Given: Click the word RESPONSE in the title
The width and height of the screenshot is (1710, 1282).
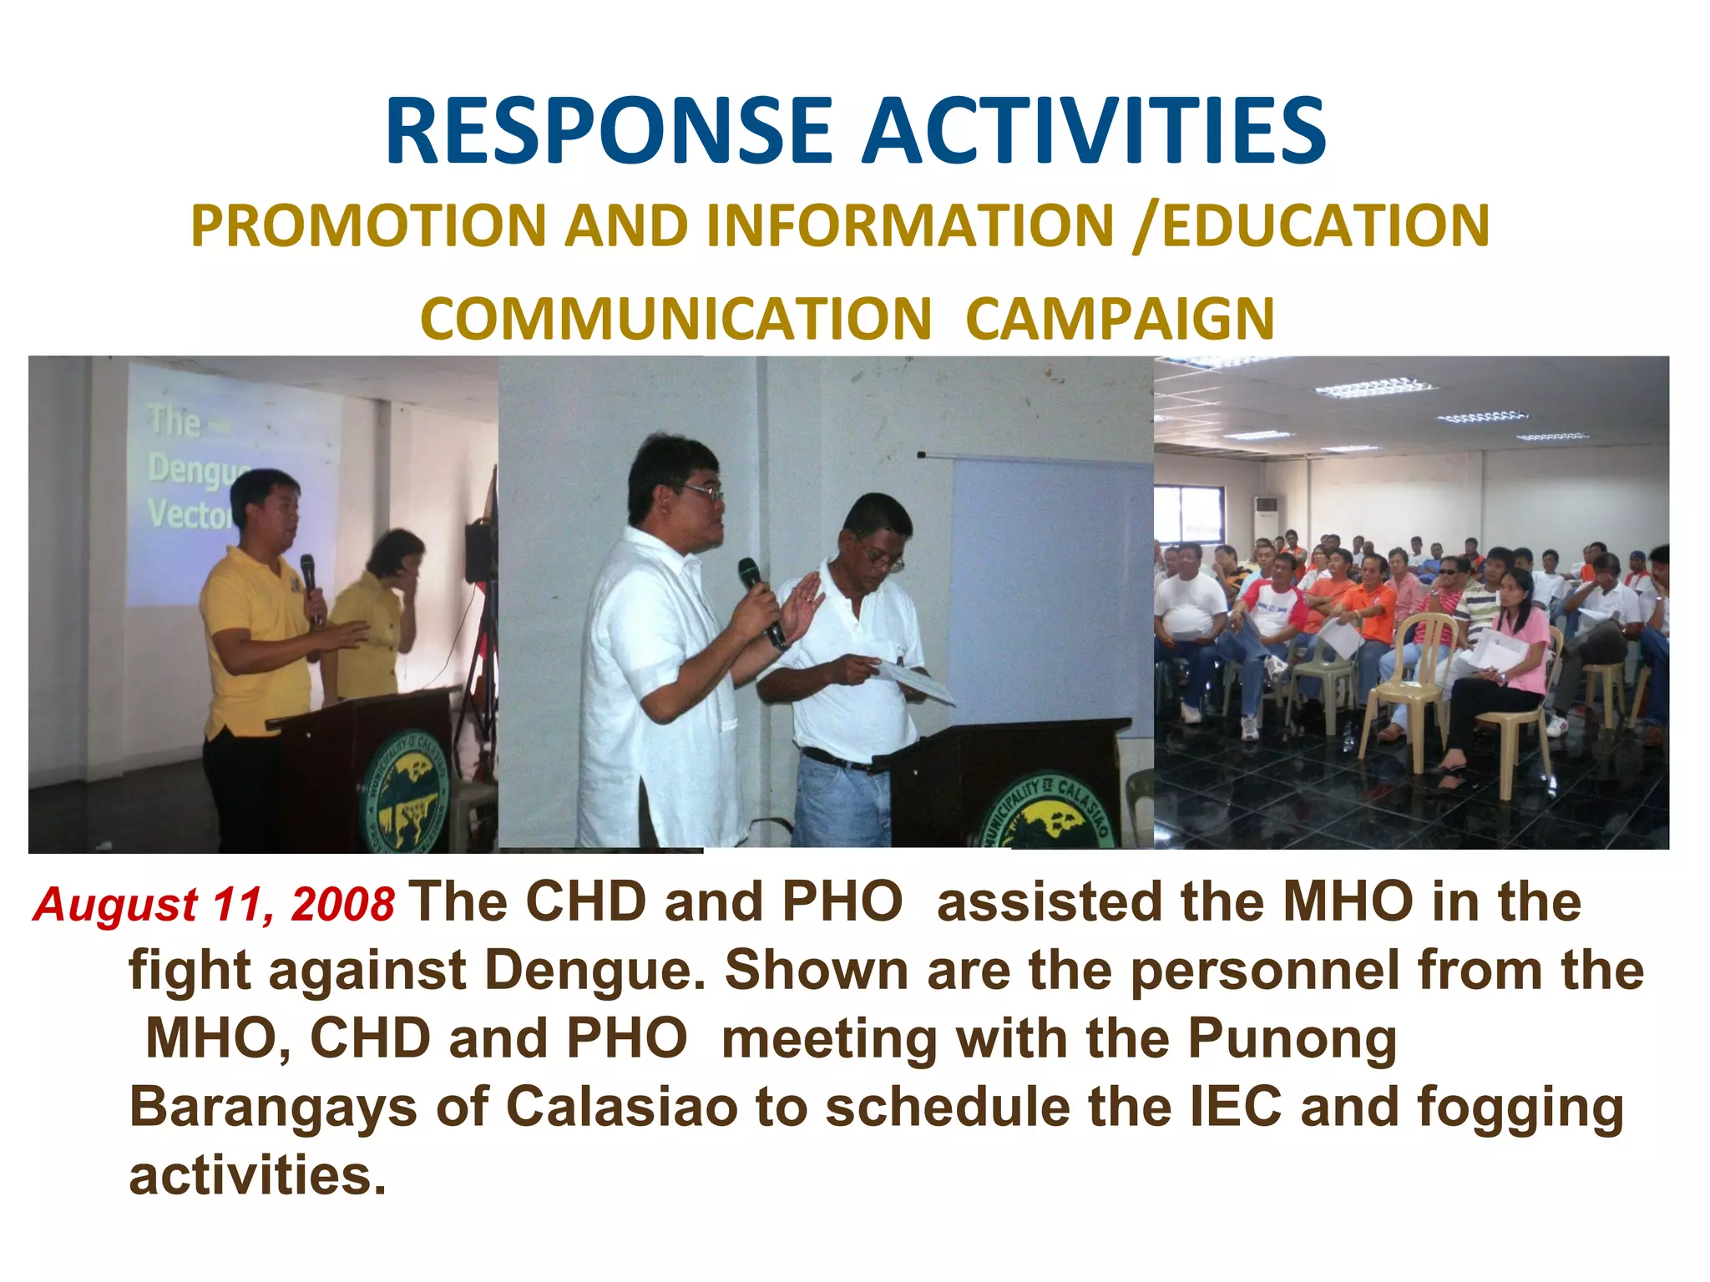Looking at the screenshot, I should click(609, 132).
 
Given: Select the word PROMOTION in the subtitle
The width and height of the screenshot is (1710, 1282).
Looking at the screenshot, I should click(367, 226).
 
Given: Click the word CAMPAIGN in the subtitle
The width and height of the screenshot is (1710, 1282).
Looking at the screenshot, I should click(1120, 320).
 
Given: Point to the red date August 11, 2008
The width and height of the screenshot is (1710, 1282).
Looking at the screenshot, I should click(214, 905).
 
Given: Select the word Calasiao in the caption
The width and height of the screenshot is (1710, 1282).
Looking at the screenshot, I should click(622, 1107).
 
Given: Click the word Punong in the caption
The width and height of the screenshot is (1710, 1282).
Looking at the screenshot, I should click(1292, 1040).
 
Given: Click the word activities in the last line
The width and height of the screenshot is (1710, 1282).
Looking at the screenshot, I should click(257, 1175).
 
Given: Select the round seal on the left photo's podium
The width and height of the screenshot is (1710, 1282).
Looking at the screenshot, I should click(406, 788).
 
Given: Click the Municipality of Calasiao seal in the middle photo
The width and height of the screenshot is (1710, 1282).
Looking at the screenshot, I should click(1048, 814).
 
